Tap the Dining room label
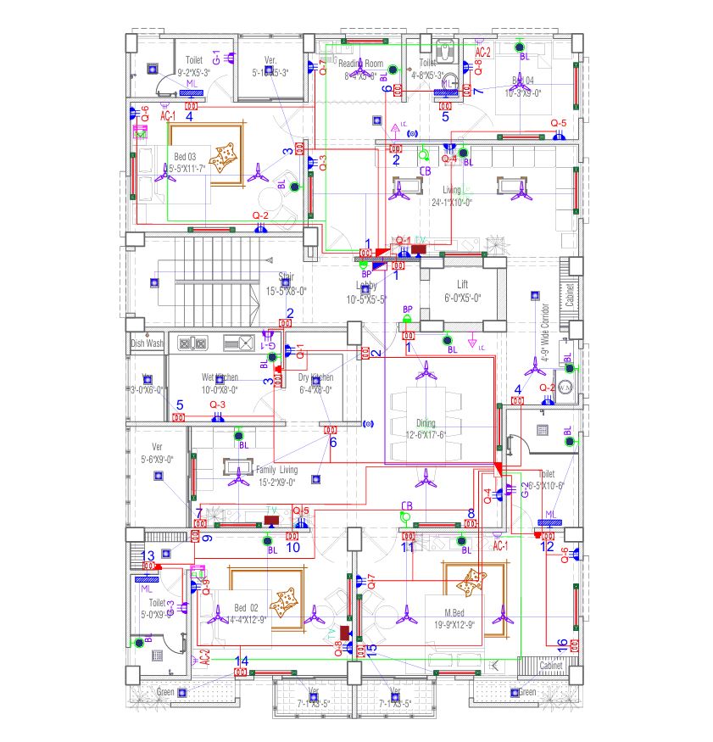pos(425,422)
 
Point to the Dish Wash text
pos(147,343)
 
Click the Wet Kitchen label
pos(220,377)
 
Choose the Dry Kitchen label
pos(315,377)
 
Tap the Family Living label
pos(265,470)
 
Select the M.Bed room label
pos(458,612)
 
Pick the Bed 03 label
pos(185,157)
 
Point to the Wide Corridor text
pos(545,333)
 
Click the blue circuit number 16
pos(561,642)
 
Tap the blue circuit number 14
pos(242,661)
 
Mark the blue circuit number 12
pos(548,546)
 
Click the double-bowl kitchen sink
pos(194,343)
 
